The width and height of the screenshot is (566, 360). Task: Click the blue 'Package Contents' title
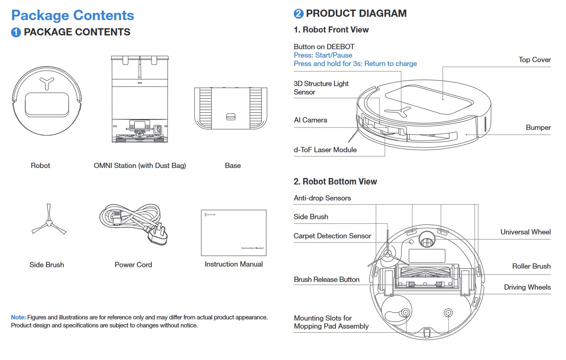(73, 15)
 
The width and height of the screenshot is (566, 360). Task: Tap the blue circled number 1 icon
(16, 32)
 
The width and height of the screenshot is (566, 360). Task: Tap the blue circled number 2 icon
(299, 14)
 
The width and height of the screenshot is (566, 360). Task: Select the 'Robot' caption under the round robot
(40, 166)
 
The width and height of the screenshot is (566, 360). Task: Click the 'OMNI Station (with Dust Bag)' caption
(139, 166)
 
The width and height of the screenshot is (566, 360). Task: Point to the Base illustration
(230, 108)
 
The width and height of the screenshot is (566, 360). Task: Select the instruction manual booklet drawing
(234, 233)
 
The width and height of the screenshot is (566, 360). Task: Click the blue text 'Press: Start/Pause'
(323, 55)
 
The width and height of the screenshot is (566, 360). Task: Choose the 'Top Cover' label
(534, 60)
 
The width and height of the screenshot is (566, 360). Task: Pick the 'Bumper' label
(538, 127)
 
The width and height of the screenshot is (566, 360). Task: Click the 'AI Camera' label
(310, 120)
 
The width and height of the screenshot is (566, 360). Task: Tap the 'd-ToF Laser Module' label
(325, 150)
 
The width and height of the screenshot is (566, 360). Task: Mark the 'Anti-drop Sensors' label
(322, 198)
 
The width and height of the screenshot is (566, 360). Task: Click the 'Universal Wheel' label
(525, 232)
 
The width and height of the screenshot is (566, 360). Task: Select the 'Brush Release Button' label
(326, 279)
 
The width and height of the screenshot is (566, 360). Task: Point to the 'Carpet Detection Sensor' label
(332, 236)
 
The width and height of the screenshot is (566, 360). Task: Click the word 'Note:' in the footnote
(18, 318)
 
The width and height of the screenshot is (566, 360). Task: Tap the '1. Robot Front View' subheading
(331, 30)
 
